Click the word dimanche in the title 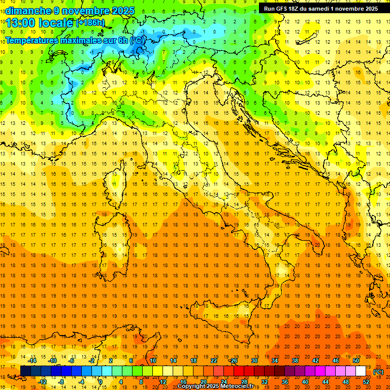point(28,11)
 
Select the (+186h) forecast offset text point(90,23)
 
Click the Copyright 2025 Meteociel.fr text point(216,386)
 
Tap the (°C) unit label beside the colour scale point(378,372)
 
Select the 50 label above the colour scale point(355,361)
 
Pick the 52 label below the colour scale point(366,382)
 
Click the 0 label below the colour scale point(101,382)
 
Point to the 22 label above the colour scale point(214,361)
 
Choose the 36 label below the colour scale point(285,382)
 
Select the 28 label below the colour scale point(244,382)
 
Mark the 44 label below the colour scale point(326,382)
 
